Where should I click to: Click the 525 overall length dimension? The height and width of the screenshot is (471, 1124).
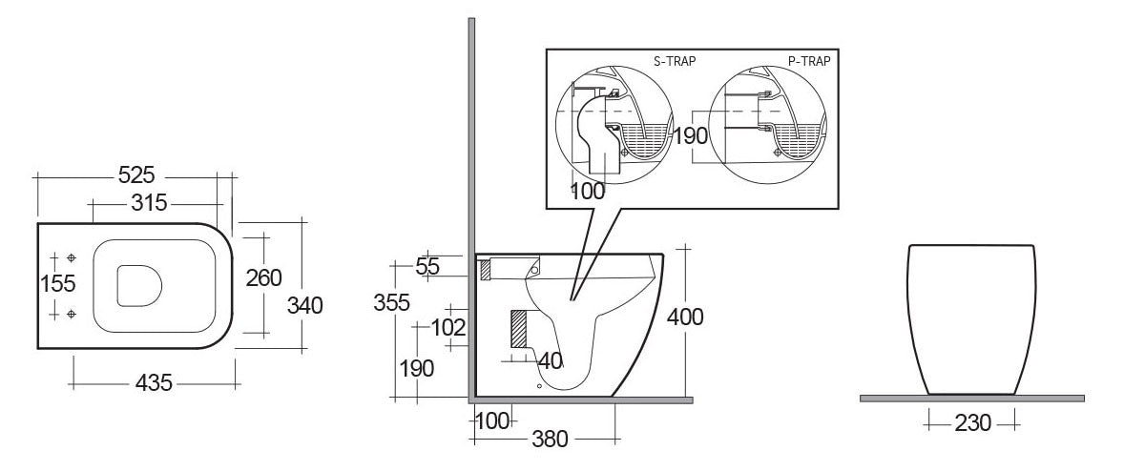coord(136,176)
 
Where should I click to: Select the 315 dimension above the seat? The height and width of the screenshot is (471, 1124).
coord(149,203)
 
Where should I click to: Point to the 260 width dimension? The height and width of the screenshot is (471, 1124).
coord(264,278)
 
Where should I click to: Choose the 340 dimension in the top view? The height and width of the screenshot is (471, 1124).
coord(305,305)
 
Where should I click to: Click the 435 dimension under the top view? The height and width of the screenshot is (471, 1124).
coord(154,383)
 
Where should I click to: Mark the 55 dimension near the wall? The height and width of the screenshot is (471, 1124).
coord(428,267)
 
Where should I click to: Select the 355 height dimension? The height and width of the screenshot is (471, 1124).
coord(392,302)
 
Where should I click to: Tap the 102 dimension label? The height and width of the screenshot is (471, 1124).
coord(448,328)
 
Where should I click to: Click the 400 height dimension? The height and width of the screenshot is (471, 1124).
coord(685,317)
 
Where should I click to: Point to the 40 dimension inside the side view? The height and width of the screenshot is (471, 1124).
coord(550,360)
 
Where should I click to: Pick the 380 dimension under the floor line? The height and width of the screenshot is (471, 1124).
coord(550,440)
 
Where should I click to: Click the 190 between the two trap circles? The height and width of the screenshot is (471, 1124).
coord(691,135)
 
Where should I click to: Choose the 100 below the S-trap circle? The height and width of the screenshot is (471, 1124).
coord(588,191)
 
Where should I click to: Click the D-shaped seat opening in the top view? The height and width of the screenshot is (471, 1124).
coord(139,285)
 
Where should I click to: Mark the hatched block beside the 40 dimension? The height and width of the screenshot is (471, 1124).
coord(519,329)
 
